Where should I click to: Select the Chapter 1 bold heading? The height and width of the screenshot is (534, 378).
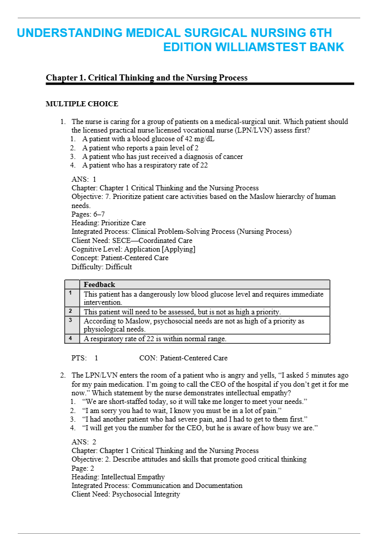(x=146, y=77)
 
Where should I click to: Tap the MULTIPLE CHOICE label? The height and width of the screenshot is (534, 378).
(x=82, y=104)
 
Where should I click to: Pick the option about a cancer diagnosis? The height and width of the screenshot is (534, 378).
(x=162, y=156)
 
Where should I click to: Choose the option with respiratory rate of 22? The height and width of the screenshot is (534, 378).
(x=145, y=165)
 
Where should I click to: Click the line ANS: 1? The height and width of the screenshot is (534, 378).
(x=84, y=179)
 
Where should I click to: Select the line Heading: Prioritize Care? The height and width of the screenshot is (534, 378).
(x=108, y=223)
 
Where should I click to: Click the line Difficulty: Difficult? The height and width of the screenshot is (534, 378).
(x=101, y=266)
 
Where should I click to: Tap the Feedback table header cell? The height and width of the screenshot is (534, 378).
(x=99, y=284)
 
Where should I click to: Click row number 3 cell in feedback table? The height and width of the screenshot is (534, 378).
(x=70, y=320)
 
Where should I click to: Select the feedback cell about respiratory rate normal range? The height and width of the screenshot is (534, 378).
(x=155, y=339)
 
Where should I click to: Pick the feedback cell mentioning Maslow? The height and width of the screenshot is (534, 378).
(x=194, y=324)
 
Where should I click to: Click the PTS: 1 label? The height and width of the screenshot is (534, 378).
(x=85, y=358)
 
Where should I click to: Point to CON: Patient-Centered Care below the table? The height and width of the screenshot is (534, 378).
(x=183, y=358)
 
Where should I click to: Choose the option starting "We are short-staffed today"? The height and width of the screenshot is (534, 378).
(x=195, y=401)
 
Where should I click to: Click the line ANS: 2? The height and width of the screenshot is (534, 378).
(x=84, y=442)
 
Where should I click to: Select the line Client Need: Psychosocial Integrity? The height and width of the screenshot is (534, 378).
(x=126, y=494)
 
